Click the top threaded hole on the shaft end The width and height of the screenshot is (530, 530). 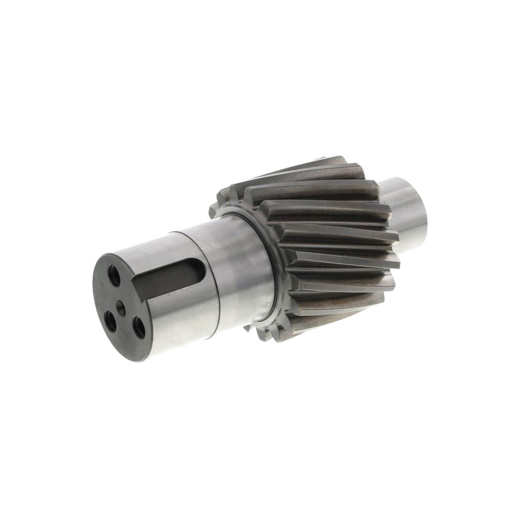(x=114, y=276)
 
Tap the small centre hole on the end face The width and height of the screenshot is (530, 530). (x=120, y=305)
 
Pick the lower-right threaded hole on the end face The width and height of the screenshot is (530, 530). (x=139, y=327)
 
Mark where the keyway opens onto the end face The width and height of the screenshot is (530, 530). (x=139, y=287)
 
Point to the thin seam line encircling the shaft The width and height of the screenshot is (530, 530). (x=215, y=290)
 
